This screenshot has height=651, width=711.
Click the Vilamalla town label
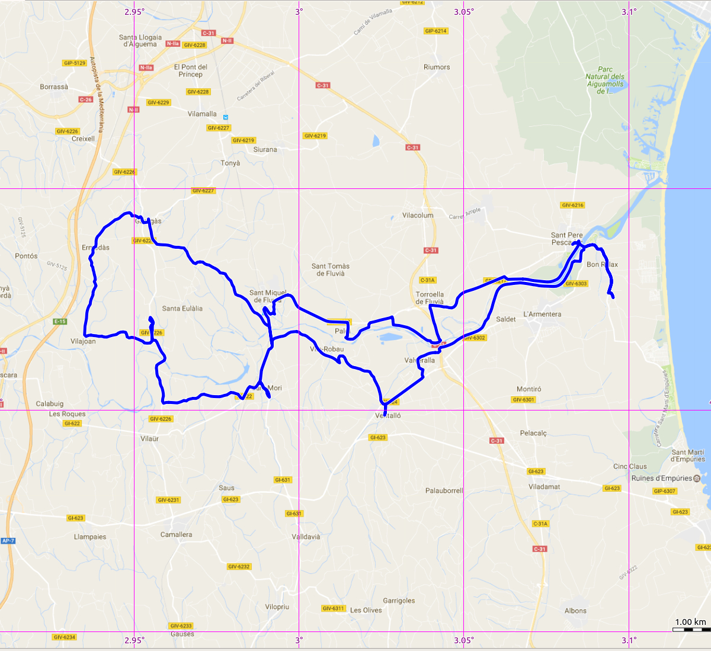(202, 114)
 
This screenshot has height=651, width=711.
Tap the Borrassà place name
(54, 87)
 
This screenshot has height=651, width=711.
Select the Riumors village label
(437, 67)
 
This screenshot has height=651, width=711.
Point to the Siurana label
(265, 149)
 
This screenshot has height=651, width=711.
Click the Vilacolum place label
(418, 215)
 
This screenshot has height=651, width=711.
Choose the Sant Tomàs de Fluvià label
(331, 270)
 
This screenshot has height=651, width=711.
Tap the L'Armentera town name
(542, 314)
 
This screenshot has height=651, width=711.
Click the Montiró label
(529, 389)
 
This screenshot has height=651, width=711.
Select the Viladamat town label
(544, 486)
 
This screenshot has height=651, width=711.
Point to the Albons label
(575, 611)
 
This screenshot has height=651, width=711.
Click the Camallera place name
(176, 534)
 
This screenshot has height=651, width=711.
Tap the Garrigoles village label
(399, 601)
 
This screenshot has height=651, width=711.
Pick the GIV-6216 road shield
(572, 205)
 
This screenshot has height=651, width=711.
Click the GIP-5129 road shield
(75, 63)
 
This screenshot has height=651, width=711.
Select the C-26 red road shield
(86, 100)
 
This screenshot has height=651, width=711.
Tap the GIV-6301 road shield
(523, 400)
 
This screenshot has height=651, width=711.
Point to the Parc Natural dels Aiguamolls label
(605, 80)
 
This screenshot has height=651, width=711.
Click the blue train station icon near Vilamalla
(226, 117)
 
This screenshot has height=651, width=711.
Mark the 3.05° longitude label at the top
(464, 12)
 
